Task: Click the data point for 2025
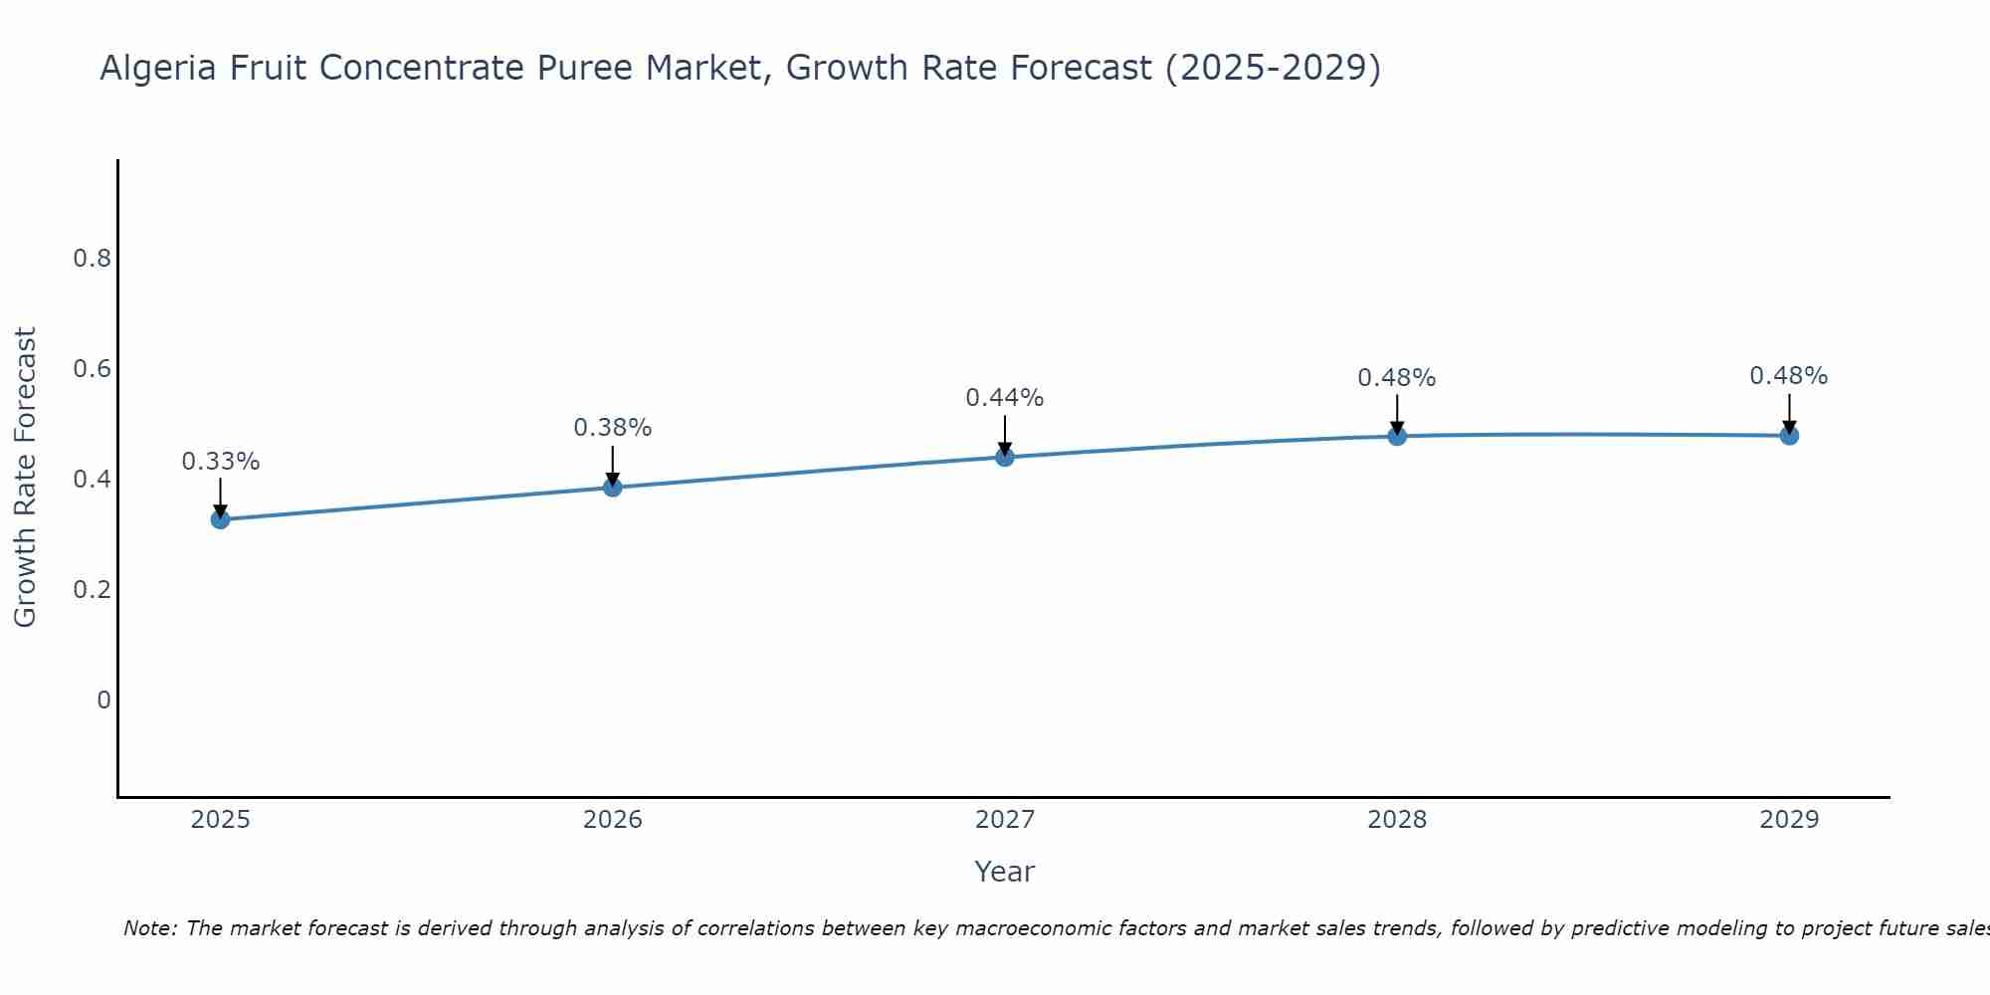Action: (x=220, y=519)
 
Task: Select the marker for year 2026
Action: (x=613, y=487)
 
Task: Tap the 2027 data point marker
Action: (x=1005, y=457)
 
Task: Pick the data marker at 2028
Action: (x=1397, y=436)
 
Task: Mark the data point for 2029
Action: (x=1789, y=435)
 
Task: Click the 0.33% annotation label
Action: (x=220, y=462)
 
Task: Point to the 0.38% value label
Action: (x=613, y=428)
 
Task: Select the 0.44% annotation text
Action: (x=1005, y=398)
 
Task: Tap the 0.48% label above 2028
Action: (x=1397, y=378)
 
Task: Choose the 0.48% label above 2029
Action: (x=1789, y=376)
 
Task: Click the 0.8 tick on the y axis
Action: (x=92, y=259)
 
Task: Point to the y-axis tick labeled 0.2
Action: (x=92, y=590)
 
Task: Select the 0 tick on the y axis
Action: (x=103, y=700)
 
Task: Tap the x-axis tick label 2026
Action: (x=613, y=820)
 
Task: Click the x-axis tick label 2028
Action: (x=1397, y=820)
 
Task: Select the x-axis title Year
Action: (x=1005, y=872)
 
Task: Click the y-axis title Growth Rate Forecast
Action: (x=25, y=478)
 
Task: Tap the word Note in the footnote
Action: (x=148, y=928)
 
